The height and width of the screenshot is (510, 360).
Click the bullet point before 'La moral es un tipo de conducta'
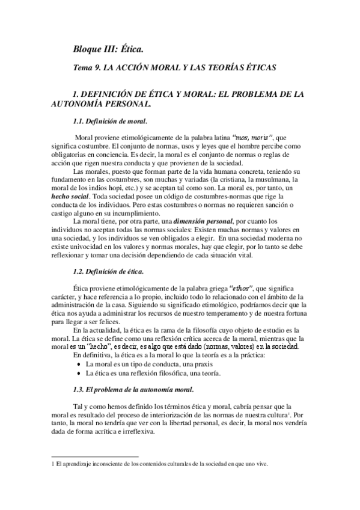click(x=79, y=364)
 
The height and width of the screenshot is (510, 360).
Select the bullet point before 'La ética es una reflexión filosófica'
click(x=79, y=373)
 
